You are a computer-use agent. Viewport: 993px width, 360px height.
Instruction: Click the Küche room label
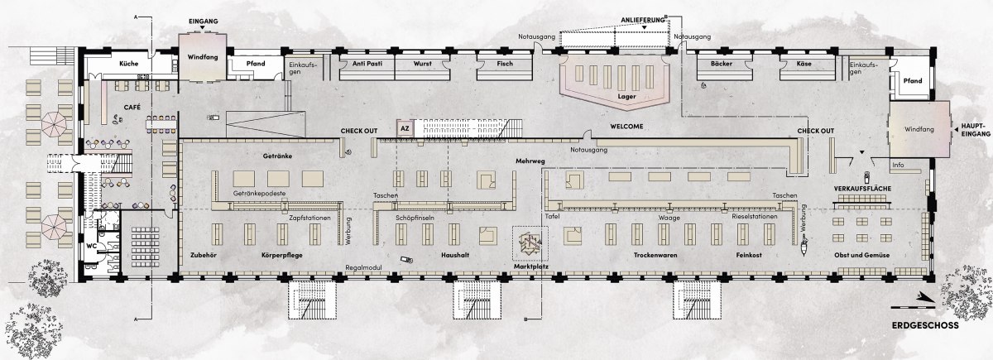coord(128,64)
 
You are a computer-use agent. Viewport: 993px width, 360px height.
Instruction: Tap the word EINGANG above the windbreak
coord(203,22)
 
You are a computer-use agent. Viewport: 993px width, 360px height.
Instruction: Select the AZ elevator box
coord(405,128)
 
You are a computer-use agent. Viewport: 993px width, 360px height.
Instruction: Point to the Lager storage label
coord(626,96)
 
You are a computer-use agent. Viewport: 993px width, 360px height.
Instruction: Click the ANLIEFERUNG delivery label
coord(643,20)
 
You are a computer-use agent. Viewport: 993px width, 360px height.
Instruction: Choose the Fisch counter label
coord(505,64)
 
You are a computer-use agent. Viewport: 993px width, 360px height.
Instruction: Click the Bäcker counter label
coord(722,64)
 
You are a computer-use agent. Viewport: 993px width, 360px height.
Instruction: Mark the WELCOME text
coord(626,127)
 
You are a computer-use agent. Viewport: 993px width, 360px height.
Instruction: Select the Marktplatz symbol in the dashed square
coord(530,243)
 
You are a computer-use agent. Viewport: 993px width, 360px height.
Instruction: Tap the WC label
coord(91,246)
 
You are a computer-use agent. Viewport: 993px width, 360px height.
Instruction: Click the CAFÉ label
coord(132,108)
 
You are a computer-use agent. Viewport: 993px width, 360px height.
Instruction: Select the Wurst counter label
coord(423,64)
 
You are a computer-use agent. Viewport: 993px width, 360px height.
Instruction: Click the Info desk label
coord(898,165)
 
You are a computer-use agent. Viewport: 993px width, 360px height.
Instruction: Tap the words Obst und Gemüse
coord(861,255)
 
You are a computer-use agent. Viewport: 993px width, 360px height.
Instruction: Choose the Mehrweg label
coord(530,161)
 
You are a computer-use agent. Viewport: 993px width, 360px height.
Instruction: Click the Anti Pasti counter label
coord(367,64)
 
